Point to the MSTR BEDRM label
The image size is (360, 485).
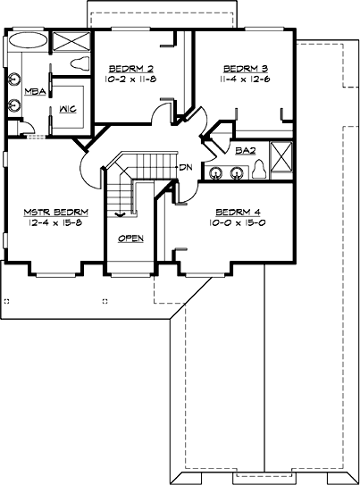click(50, 212)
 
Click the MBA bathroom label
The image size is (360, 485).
click(34, 91)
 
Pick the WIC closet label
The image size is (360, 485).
click(67, 110)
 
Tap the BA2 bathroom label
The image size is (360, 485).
click(243, 152)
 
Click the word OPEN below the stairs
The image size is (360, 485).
click(130, 238)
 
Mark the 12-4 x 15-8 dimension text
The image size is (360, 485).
click(50, 222)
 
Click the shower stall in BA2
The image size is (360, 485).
click(282, 158)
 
